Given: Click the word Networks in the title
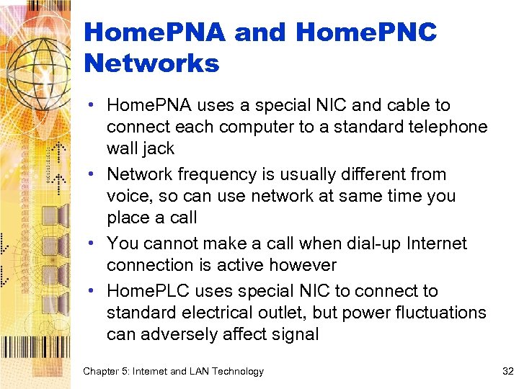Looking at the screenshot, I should coord(151,63).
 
